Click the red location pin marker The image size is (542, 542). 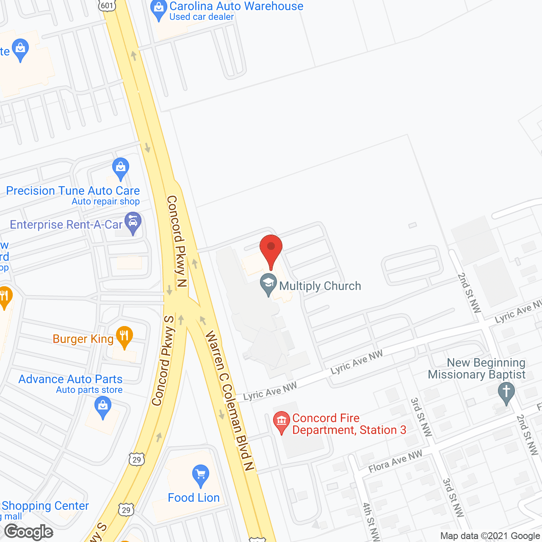point(271,250)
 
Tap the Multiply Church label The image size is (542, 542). point(320,286)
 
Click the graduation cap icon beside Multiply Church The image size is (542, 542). point(268,285)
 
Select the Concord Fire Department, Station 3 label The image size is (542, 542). point(348,424)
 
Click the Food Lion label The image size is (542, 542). point(194,498)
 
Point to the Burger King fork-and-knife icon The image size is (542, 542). point(124,337)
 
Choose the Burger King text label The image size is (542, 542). point(83,339)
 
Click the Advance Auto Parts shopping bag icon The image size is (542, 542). point(103,407)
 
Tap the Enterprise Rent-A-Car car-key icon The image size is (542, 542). point(133,223)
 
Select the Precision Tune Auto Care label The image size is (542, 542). point(73,191)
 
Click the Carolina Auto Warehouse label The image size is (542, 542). point(236,6)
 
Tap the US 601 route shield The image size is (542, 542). point(107,6)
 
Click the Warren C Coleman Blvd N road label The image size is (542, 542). point(230,400)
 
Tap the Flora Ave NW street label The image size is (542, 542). point(395,461)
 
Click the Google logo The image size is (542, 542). point(29,532)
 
